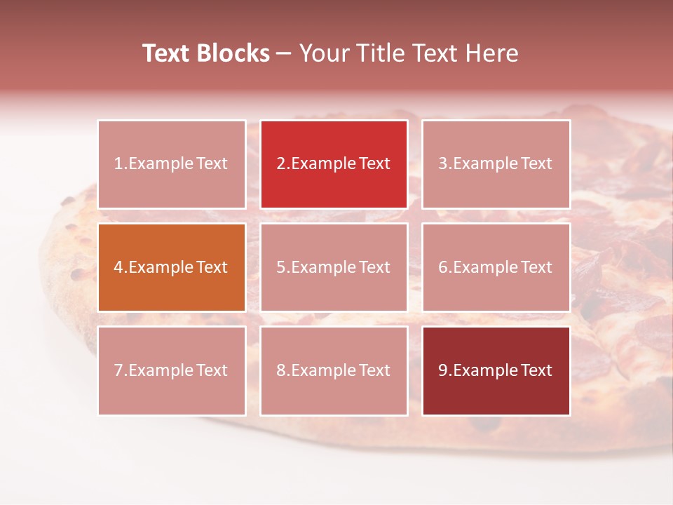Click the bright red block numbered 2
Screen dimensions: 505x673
334,164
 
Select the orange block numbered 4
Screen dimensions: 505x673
172,267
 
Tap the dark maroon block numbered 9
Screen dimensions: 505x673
496,370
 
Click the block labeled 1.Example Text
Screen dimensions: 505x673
172,164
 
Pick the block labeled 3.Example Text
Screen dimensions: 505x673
496,164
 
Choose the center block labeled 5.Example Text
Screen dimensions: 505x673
334,267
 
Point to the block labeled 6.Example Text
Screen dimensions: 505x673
496,267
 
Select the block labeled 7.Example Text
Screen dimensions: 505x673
172,370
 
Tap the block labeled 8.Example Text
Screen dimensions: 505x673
334,370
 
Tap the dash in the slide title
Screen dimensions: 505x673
285,53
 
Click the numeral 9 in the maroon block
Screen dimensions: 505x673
443,370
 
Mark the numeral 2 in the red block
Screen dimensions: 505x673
281,164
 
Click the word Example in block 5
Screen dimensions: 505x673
322,267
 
